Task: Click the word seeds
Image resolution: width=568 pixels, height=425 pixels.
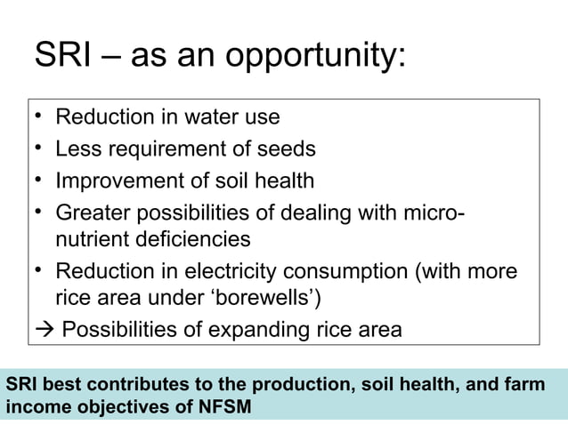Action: [x=286, y=148]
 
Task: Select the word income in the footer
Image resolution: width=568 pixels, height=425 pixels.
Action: [x=30, y=406]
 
